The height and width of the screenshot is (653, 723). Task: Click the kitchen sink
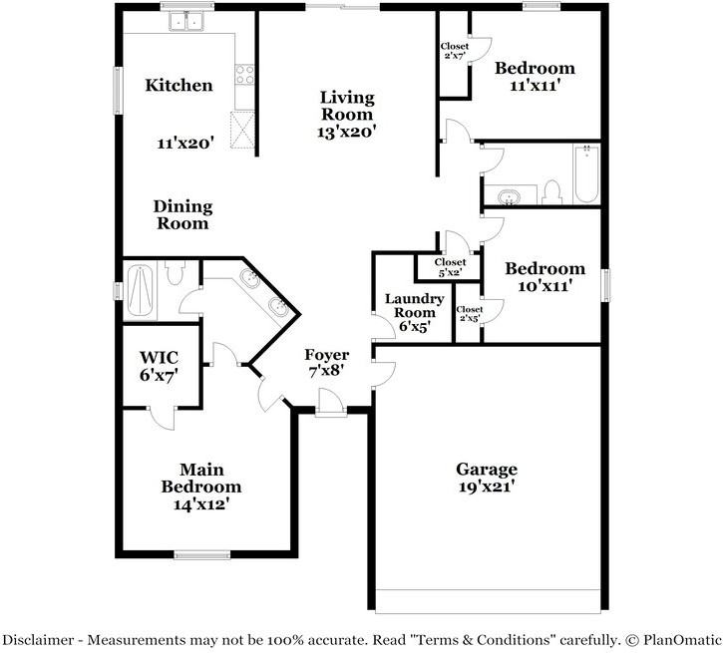(x=186, y=21)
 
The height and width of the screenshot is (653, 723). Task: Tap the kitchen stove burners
(x=244, y=75)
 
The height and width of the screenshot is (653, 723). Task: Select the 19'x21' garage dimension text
(x=487, y=487)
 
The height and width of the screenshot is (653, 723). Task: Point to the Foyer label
(x=326, y=355)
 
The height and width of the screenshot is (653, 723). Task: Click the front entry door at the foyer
(x=331, y=403)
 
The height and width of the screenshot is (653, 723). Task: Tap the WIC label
(x=160, y=357)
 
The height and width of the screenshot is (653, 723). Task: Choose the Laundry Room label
(x=415, y=305)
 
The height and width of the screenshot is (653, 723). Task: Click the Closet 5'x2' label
(x=450, y=267)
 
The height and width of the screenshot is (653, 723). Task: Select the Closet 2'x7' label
(x=455, y=51)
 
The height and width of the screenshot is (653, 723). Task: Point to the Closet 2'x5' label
(x=469, y=313)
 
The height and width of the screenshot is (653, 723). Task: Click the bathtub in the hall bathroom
(x=587, y=174)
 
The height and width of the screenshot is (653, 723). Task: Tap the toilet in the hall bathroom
(x=551, y=192)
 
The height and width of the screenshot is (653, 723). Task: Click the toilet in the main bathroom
(x=175, y=273)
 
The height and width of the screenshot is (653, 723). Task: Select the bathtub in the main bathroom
(x=140, y=291)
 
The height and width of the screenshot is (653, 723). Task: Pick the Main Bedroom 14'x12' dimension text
(x=201, y=504)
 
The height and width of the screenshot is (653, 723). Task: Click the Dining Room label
(x=182, y=214)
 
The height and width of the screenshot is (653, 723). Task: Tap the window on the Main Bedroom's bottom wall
(x=202, y=554)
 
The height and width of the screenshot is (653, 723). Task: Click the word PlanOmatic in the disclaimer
(x=682, y=640)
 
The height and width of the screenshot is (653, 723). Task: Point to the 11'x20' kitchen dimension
(x=185, y=144)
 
